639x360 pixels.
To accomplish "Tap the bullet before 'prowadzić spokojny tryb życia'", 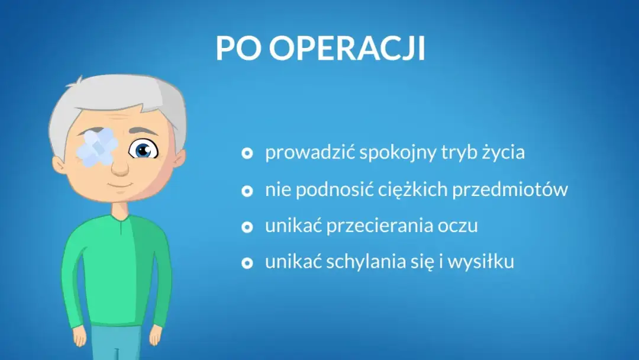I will (x=248, y=153).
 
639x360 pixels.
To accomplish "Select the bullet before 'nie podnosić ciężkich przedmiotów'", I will (x=248, y=191).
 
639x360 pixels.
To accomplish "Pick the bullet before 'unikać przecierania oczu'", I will (x=248, y=227).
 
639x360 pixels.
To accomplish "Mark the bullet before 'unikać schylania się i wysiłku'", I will (x=248, y=263).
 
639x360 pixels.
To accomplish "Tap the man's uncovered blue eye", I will (x=143, y=150).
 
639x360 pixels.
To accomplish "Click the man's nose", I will (x=120, y=167).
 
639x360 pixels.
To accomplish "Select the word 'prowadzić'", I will (x=309, y=153).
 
